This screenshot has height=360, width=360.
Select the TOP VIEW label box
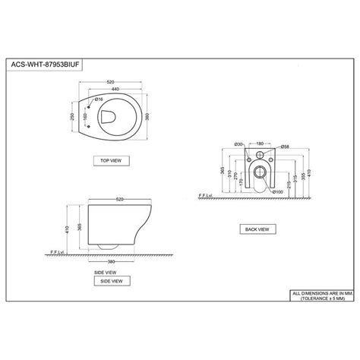click(x=112, y=160)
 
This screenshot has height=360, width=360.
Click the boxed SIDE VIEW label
click(x=108, y=280)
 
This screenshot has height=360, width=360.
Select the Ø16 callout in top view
click(x=99, y=99)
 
